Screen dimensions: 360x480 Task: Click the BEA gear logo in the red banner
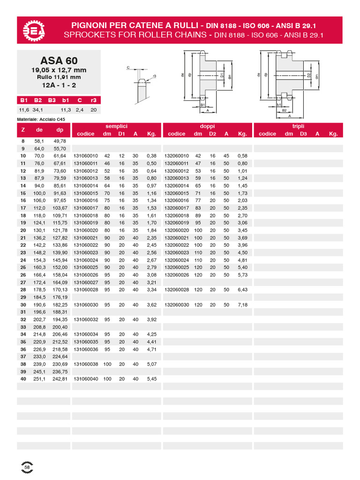click(34, 30)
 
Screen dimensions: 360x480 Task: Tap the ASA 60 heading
click(59, 60)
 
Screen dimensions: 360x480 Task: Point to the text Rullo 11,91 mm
click(59, 77)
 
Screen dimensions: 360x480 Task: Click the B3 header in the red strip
click(52, 100)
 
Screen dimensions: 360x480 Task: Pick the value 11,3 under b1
click(66, 110)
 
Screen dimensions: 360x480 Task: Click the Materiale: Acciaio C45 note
click(41, 120)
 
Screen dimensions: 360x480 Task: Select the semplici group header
click(116, 126)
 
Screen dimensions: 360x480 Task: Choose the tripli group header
click(298, 126)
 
